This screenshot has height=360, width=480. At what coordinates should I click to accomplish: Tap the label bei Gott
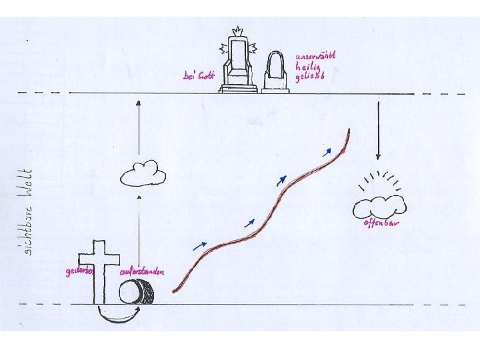(x=199, y=76)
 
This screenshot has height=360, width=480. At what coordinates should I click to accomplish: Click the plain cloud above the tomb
(x=143, y=173)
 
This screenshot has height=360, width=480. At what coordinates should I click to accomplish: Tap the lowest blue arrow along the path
(x=199, y=245)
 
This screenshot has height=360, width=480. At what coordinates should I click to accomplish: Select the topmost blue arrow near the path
(x=327, y=152)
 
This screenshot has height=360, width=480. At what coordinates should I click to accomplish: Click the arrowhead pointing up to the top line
(x=138, y=103)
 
